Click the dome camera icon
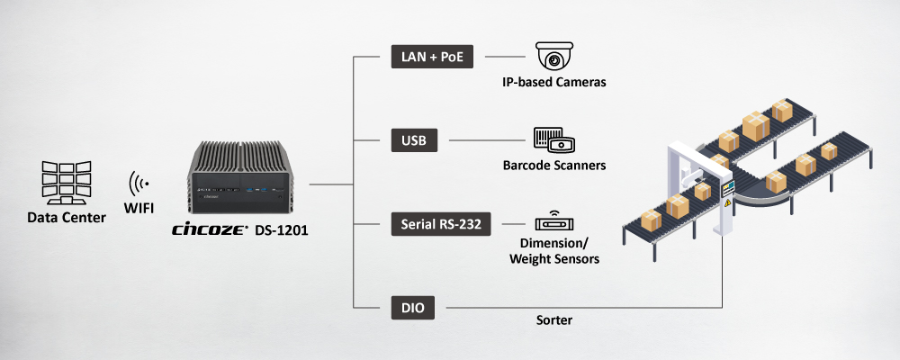pyautogui.click(x=554, y=57)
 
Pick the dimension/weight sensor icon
pyautogui.click(x=554, y=222)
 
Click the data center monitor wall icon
pyautogui.click(x=67, y=180)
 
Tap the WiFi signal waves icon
pyautogui.click(x=139, y=183)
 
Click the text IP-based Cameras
pyautogui.click(x=554, y=83)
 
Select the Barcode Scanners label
pyautogui.click(x=554, y=166)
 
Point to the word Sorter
pyautogui.click(x=554, y=319)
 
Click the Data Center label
pyautogui.click(x=67, y=217)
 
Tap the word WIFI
pyautogui.click(x=139, y=209)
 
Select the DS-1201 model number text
pyautogui.click(x=278, y=230)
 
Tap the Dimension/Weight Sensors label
pyautogui.click(x=554, y=251)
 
